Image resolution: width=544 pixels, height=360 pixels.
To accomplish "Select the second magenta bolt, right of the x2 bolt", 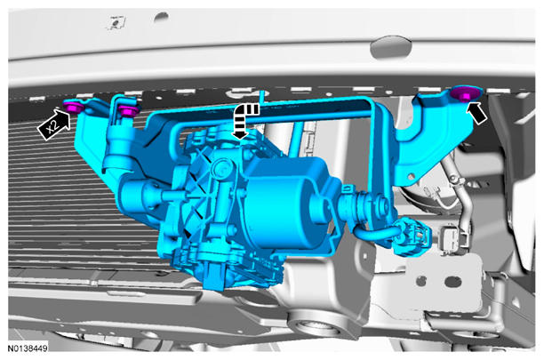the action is pos(128,109).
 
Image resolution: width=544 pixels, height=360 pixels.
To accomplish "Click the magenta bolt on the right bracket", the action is pos(465,93).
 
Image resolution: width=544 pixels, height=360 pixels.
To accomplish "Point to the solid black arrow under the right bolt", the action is pos(477,112).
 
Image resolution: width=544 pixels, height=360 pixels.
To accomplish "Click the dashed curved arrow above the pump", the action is pos(244,120).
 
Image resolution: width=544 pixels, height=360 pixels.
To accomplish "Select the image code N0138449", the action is pos(28,348).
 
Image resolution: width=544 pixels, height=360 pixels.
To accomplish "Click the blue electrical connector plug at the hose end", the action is pos(412,236).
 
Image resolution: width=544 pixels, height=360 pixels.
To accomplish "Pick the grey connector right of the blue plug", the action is pos(454,238).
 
